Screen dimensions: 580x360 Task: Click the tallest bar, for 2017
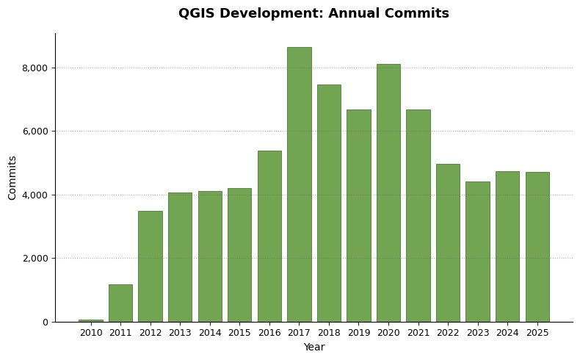(x=300, y=184)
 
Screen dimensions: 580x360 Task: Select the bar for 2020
(x=388, y=193)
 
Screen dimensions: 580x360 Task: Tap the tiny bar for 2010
(x=91, y=321)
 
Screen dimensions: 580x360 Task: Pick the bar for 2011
(x=120, y=303)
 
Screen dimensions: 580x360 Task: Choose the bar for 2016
(x=269, y=237)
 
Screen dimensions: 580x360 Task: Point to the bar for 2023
(x=478, y=252)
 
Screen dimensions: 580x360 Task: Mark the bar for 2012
(x=151, y=267)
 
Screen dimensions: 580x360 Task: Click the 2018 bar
(x=329, y=204)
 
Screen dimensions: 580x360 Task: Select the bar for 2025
(x=537, y=247)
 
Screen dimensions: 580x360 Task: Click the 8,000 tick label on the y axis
(x=35, y=68)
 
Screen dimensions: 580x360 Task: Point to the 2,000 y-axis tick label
(x=35, y=259)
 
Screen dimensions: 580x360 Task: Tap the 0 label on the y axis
(x=46, y=323)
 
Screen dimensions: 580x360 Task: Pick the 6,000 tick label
(x=35, y=132)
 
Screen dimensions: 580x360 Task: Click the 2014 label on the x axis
(x=210, y=333)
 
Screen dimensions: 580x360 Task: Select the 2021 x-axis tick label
(x=418, y=333)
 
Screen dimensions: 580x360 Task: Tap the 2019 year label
(x=359, y=333)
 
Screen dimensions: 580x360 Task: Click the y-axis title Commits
(x=12, y=178)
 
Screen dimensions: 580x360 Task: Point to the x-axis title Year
(x=314, y=347)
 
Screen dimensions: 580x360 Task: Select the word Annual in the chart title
(x=354, y=13)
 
